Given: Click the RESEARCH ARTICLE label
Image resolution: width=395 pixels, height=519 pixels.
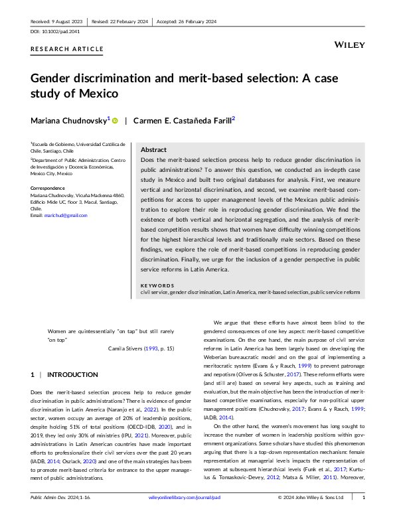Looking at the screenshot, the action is coord(67,49).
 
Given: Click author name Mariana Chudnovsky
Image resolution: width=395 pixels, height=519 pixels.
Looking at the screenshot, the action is coord(68,120).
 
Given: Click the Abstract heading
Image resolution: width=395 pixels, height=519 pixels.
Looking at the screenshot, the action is coord(154,150).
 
